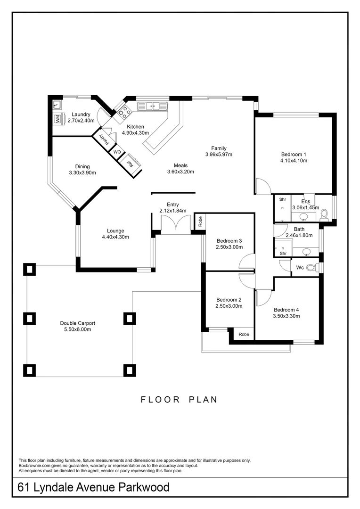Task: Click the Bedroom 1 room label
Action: click(294, 154)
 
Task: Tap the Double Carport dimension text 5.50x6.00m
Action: click(78, 329)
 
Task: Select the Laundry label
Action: click(81, 115)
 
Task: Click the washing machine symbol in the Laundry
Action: click(57, 119)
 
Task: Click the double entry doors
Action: click(175, 224)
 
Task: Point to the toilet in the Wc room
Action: click(311, 268)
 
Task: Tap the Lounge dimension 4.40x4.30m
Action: click(115, 237)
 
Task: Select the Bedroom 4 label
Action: click(286, 310)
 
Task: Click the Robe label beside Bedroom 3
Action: click(200, 221)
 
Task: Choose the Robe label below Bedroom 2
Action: click(244, 334)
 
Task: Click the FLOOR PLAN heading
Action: click(179, 400)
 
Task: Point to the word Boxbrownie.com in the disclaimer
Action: click(34, 466)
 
